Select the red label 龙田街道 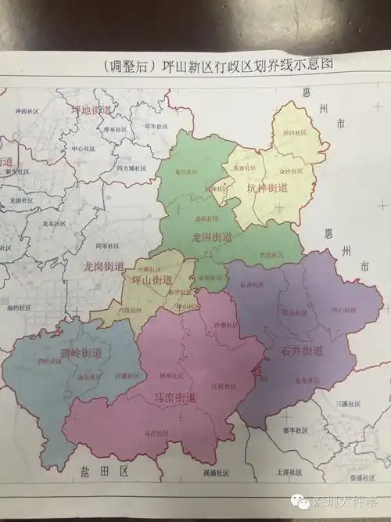(x=212, y=236)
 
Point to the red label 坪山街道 (x=153, y=279)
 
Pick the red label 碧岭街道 (x=59, y=353)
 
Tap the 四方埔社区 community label (x=126, y=167)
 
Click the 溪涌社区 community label (x=216, y=473)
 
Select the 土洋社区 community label (x=289, y=473)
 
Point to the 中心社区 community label (x=83, y=148)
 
